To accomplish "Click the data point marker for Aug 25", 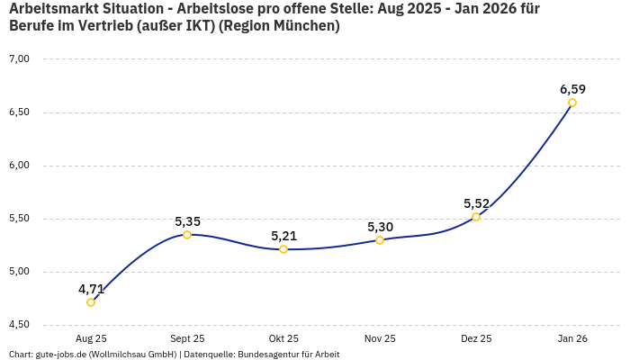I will click(91, 302).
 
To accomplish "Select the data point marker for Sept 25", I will click(187, 235).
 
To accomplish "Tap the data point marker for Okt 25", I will click(283, 249).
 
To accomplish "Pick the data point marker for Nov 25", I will click(380, 240).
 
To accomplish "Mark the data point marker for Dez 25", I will click(476, 217).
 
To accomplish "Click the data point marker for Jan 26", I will click(572, 103).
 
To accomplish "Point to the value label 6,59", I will click(572, 89).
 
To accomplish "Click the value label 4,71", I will click(91, 289).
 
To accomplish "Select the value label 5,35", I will click(187, 221).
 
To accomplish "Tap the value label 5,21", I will click(283, 236).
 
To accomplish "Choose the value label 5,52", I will click(476, 203).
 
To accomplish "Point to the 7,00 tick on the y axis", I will click(19, 59).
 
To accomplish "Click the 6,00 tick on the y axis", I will click(19, 166).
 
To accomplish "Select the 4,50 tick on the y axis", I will click(19, 325).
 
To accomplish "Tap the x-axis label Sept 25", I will click(187, 338).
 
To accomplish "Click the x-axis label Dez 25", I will click(476, 338).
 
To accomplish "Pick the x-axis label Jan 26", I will click(572, 338).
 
